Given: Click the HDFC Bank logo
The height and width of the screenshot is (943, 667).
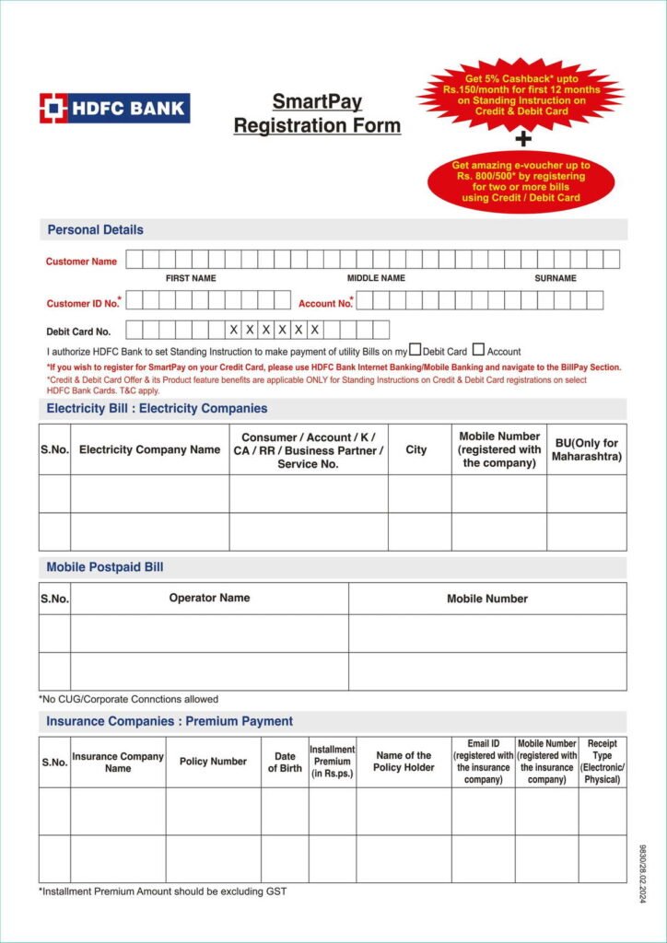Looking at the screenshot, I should (114, 109).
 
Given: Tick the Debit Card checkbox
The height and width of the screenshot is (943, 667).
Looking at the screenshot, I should (415, 350).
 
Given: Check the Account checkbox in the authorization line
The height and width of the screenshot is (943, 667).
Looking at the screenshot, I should (478, 350).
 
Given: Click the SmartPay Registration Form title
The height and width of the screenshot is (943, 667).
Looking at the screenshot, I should (317, 114).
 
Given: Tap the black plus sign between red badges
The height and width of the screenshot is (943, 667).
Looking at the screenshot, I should (523, 139).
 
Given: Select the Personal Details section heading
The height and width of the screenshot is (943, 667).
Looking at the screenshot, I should (95, 229).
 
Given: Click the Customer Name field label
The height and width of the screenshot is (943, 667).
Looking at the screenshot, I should (81, 262).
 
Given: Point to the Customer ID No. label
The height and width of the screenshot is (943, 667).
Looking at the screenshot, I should (83, 303).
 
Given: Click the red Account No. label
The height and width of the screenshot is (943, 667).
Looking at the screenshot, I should (325, 303).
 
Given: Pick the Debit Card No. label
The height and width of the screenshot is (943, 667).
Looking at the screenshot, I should (78, 332).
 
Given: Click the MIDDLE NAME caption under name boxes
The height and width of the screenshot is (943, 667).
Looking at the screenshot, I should (376, 278).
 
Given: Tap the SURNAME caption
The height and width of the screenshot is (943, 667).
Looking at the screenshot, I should (556, 278).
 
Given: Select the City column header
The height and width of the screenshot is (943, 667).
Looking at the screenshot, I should (416, 450).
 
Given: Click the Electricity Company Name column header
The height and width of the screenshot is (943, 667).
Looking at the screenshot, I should (149, 450).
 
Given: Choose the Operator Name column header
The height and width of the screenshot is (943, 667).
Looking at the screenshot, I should (209, 598).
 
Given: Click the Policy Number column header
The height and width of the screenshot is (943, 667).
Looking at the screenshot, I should (213, 762).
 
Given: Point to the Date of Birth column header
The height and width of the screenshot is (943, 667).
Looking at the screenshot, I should (285, 762).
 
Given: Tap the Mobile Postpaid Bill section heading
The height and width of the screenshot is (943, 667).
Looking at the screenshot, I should (105, 567).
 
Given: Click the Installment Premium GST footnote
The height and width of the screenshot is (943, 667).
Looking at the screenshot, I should (169, 891).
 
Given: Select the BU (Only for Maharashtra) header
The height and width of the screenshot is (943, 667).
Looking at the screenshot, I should (586, 449).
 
